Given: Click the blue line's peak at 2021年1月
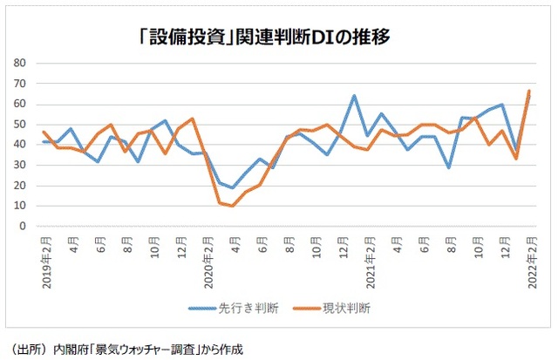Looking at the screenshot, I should pyautogui.click(x=354, y=96).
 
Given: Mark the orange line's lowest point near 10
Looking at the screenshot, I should pyautogui.click(x=232, y=206).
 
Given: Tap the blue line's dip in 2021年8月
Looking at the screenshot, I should pyautogui.click(x=448, y=167).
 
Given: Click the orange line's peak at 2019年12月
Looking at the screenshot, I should pyautogui.click(x=192, y=119).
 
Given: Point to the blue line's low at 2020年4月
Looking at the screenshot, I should pyautogui.click(x=232, y=187).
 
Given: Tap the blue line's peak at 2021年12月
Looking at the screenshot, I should pyautogui.click(x=502, y=105).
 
